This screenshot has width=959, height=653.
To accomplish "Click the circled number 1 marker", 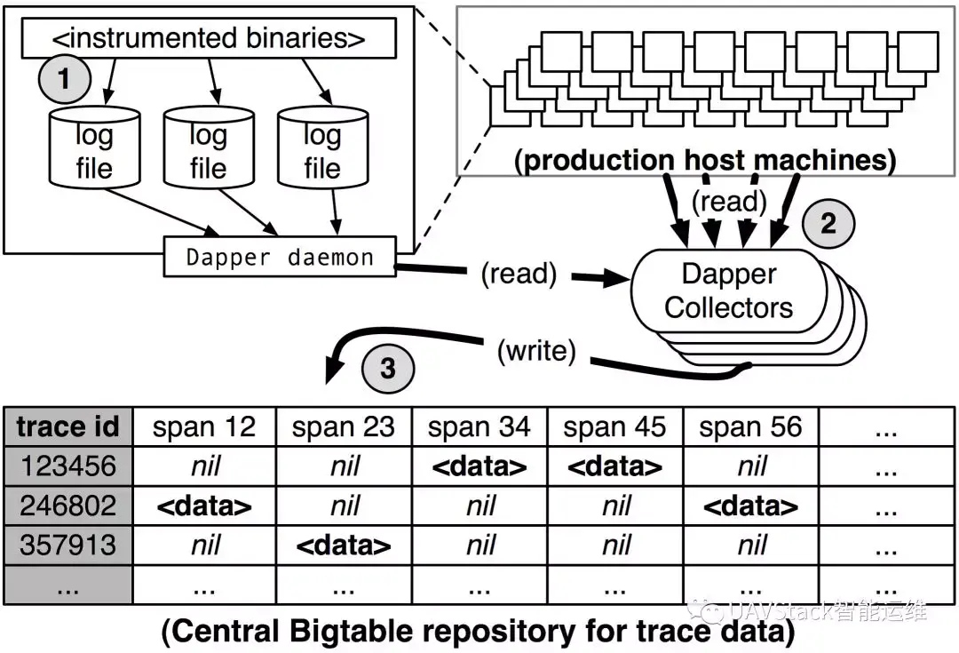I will point(63,79).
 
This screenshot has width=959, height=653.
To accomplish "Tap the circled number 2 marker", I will point(827,223).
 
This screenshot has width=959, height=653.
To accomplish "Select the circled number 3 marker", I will point(387,367).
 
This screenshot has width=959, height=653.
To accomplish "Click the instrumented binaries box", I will point(208,38).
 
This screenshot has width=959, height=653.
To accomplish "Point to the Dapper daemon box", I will point(280,257).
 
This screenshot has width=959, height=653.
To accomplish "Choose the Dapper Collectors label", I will point(728,291).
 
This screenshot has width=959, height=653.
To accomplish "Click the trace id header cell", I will point(68,427).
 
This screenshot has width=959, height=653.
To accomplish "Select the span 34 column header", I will point(479,427).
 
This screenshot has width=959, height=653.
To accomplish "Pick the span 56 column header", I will point(751,427).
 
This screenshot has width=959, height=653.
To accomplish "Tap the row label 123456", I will point(68,466).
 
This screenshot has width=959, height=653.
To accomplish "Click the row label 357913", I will point(68,544).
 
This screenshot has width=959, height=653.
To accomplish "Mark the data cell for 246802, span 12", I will point(204,506).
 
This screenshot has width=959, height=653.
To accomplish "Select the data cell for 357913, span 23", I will point(344,544).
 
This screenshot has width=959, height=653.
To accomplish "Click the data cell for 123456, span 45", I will point(615,466).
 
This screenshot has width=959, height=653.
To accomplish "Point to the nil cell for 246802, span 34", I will point(479,506).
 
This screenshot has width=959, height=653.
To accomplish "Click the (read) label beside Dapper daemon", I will point(519,275).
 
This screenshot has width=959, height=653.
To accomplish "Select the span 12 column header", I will point(204,427).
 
